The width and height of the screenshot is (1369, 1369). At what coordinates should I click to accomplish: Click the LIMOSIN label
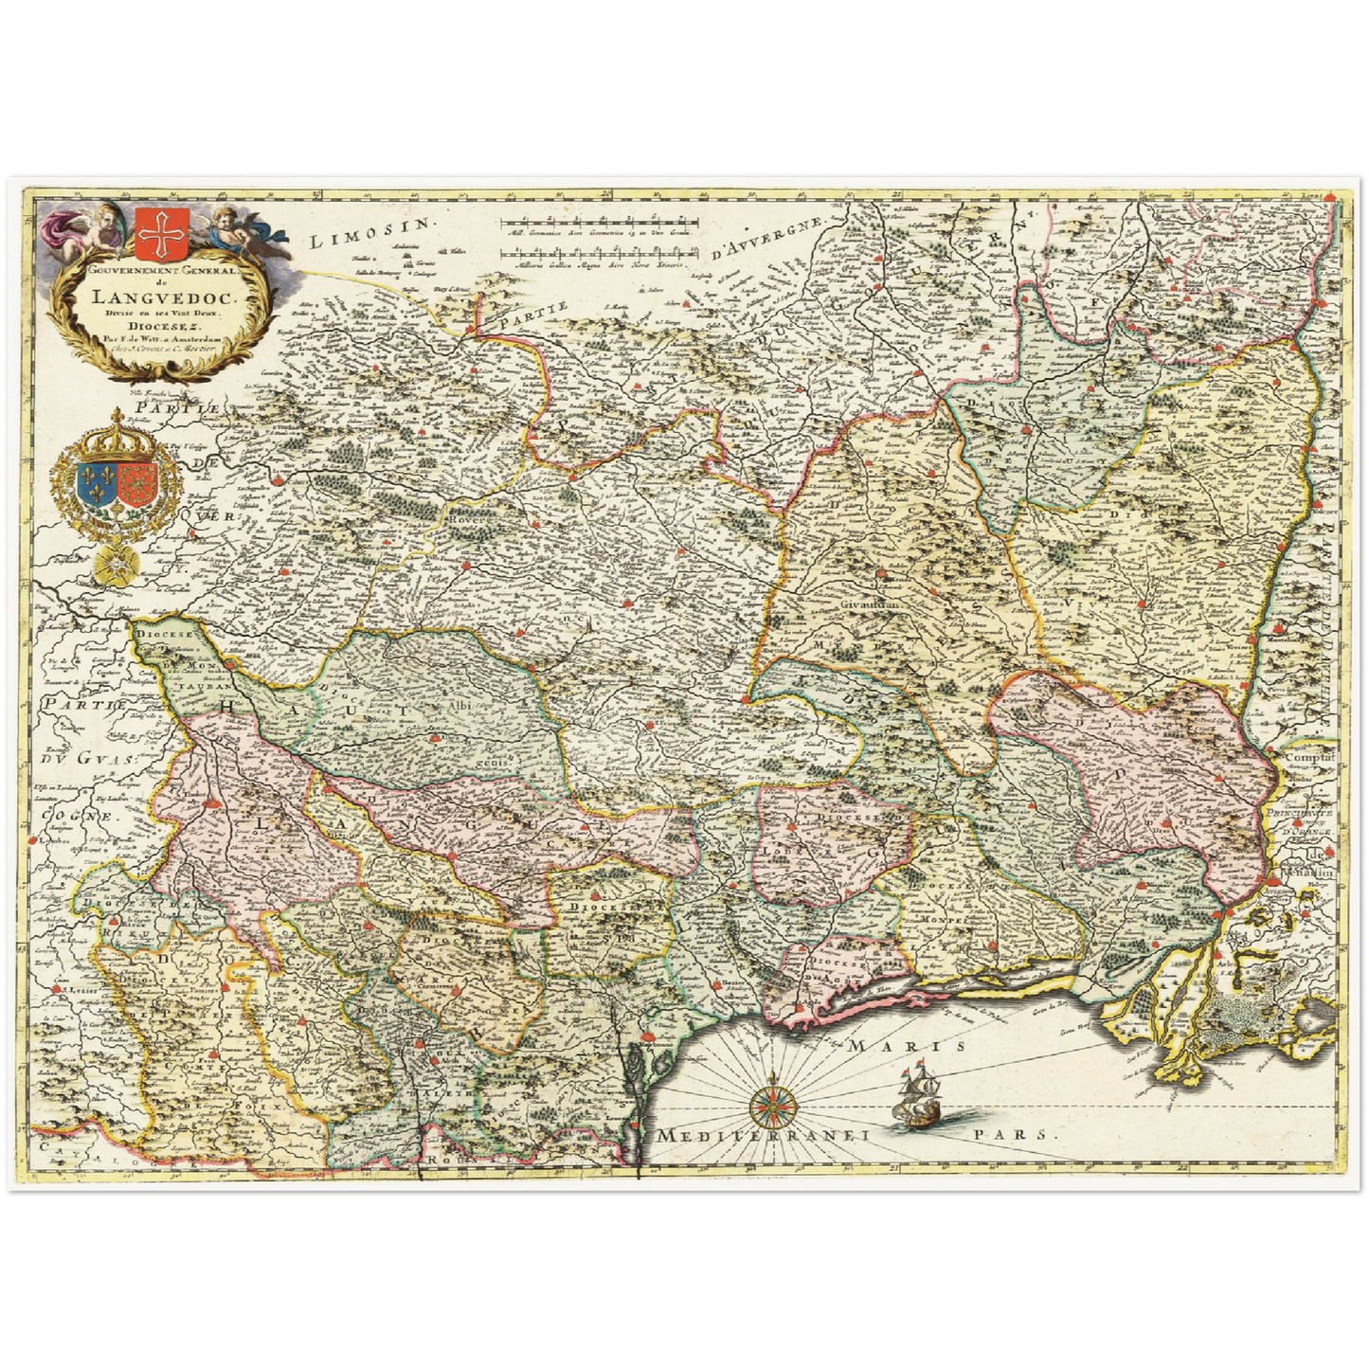coord(370,233)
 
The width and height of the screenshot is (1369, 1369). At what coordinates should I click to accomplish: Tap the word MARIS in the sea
coord(907,1045)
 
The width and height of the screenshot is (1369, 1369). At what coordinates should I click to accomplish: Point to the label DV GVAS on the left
coord(90,759)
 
